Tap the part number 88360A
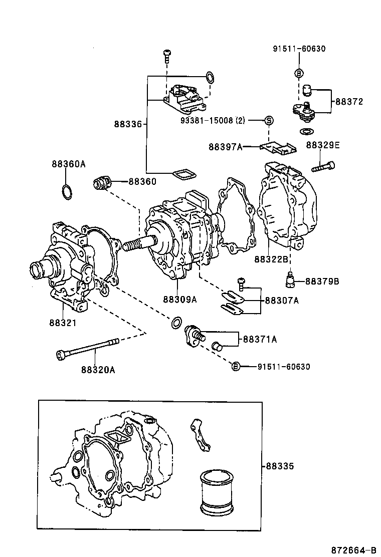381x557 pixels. pyautogui.click(x=68, y=164)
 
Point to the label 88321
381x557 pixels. pyautogui.click(x=63, y=323)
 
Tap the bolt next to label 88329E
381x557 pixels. pyautogui.click(x=323, y=167)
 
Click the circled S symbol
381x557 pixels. pyautogui.click(x=268, y=120)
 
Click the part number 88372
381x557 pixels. pyautogui.click(x=349, y=102)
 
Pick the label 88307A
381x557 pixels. pyautogui.click(x=281, y=301)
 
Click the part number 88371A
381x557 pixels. pyautogui.click(x=260, y=339)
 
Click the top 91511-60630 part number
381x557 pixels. pyautogui.click(x=299, y=49)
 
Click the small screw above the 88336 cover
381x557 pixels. pyautogui.click(x=167, y=56)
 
